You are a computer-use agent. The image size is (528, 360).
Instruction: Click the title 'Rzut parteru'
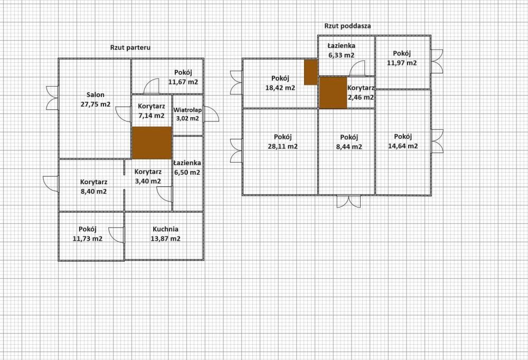click(x=130, y=47)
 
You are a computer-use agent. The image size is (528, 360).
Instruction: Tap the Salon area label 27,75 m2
click(x=95, y=105)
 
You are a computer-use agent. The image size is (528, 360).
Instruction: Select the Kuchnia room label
click(x=165, y=230)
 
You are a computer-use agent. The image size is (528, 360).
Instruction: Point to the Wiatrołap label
click(x=187, y=110)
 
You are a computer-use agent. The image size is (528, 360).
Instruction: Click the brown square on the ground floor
click(x=152, y=143)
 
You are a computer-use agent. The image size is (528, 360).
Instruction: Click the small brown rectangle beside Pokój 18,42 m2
click(x=310, y=72)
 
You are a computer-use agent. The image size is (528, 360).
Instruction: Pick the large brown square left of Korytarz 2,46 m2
click(x=333, y=93)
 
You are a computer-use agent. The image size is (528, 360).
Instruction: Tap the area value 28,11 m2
click(x=282, y=146)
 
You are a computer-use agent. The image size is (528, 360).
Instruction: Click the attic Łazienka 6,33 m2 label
click(x=341, y=46)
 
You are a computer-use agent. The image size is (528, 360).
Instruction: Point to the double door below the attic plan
click(x=348, y=201)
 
